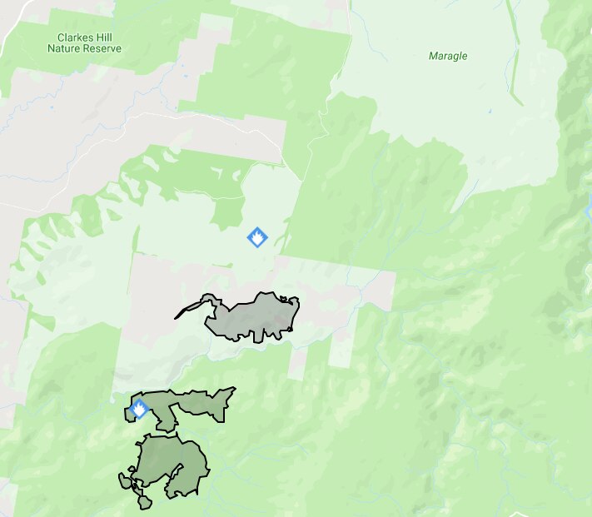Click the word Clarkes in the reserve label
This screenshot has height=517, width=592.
pos(73,37)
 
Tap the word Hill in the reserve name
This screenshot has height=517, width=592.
pos(105,37)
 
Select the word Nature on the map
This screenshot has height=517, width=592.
pos(65,49)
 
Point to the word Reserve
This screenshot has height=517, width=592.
pos(103,49)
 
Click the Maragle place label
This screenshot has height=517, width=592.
pos(448,57)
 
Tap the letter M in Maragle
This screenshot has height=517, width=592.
pos(432,57)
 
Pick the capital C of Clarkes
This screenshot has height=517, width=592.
pos(60,37)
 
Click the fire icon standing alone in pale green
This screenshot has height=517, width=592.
pos(258,237)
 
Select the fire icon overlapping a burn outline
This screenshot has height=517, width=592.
pos(139,410)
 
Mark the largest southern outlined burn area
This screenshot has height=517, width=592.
pos(171,462)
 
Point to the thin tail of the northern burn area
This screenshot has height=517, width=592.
pos(188,310)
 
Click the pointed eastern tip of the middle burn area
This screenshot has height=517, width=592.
pos(232,390)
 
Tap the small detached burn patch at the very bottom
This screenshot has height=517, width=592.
pos(146,503)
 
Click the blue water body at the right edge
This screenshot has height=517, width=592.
pos(589,208)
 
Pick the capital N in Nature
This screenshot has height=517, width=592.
pos(52,49)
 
